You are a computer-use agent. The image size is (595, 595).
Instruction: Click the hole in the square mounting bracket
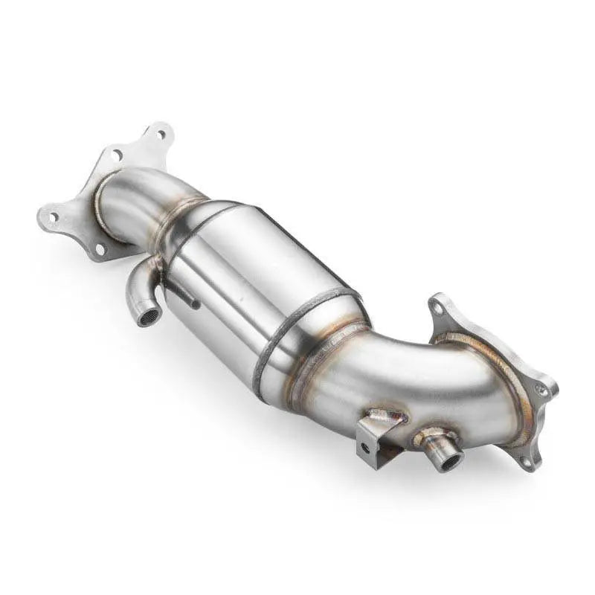pos(364,448)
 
